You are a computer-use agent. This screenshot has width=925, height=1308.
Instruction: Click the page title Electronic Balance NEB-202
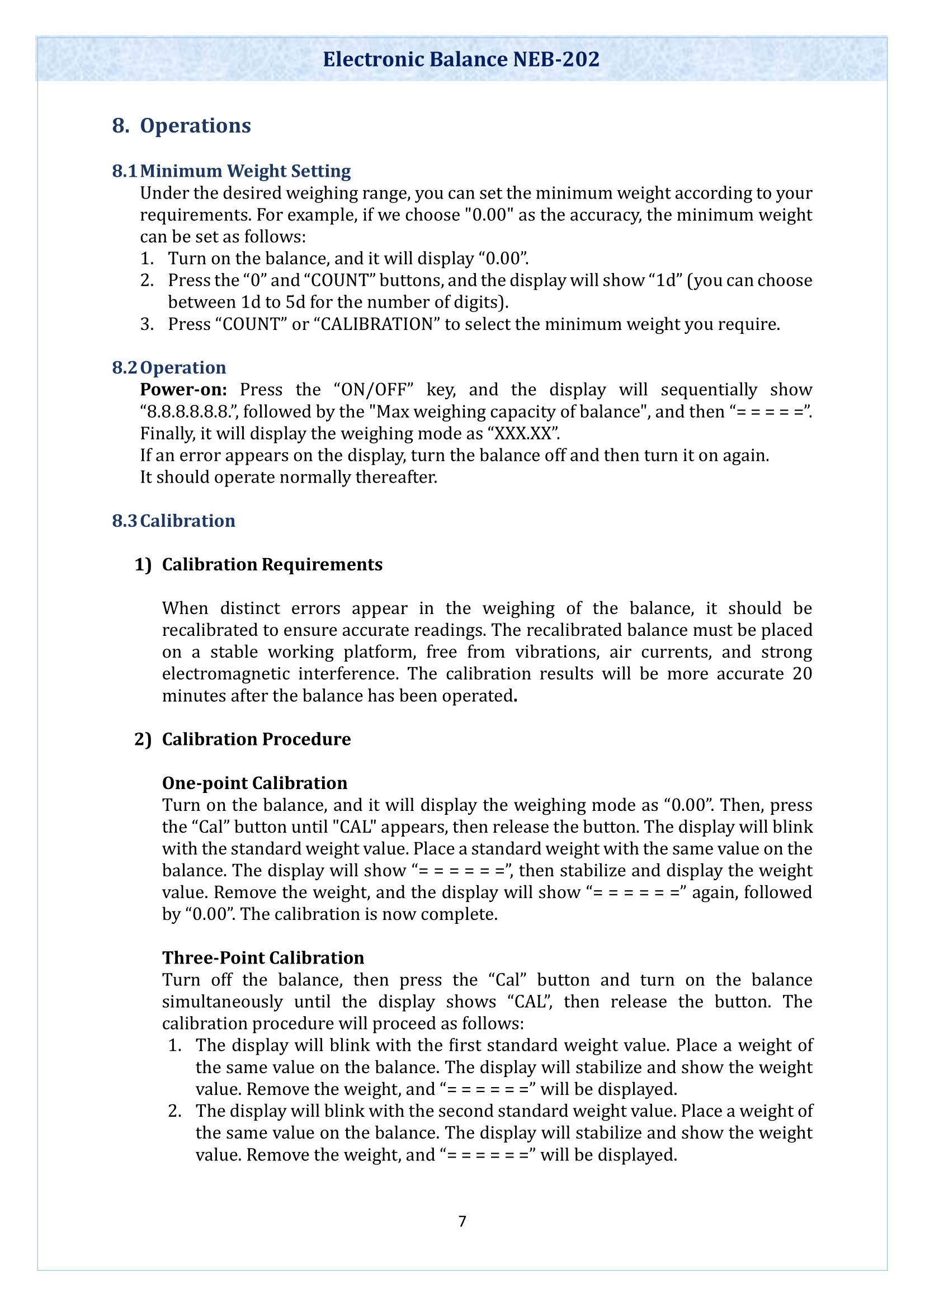(x=461, y=59)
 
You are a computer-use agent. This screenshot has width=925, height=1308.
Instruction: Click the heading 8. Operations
(x=181, y=125)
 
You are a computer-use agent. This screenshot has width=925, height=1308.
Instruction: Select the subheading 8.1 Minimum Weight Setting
(x=232, y=171)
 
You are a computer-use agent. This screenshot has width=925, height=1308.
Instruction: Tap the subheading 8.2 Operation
(x=168, y=367)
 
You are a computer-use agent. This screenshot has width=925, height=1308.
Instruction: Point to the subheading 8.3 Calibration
(x=173, y=521)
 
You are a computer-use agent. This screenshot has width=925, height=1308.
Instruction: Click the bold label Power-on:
(x=183, y=390)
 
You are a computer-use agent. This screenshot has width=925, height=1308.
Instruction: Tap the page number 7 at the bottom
(x=462, y=1221)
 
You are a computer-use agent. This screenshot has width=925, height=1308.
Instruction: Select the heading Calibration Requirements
(x=272, y=565)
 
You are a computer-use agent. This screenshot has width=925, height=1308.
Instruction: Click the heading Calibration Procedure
(x=256, y=739)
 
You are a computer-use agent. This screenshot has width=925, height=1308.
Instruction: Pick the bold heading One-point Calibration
(x=254, y=783)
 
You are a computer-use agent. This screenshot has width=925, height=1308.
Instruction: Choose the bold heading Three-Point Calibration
(x=263, y=957)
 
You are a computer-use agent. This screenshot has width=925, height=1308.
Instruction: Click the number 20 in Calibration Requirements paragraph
(x=801, y=674)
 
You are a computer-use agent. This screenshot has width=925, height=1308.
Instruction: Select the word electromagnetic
(x=226, y=674)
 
